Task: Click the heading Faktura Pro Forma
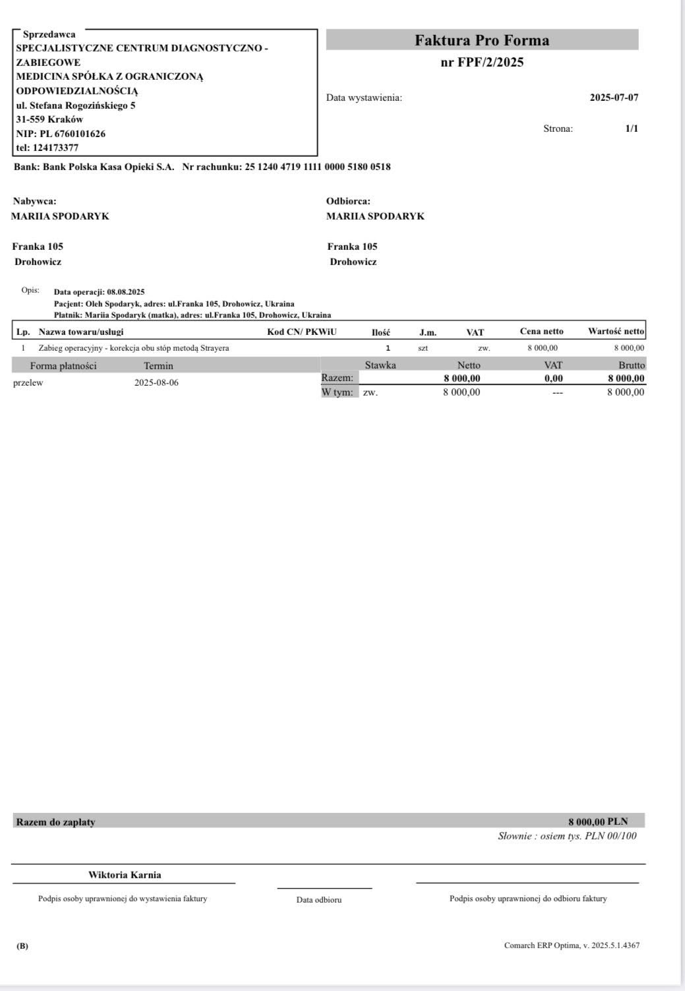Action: click(482, 40)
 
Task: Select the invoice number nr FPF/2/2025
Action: click(482, 63)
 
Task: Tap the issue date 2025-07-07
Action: click(614, 98)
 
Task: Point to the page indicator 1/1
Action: click(632, 129)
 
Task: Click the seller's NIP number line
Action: click(61, 134)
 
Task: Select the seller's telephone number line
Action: click(47, 148)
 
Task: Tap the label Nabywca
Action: click(34, 201)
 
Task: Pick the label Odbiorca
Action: click(348, 201)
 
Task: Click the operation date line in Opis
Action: click(100, 291)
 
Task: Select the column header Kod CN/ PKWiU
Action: click(301, 332)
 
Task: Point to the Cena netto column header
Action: click(541, 332)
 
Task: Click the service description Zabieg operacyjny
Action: click(134, 348)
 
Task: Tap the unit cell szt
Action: click(423, 348)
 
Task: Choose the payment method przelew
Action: click(28, 383)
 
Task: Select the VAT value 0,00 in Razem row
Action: click(553, 378)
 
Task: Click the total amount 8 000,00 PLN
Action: click(598, 822)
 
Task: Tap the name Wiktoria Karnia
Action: click(125, 875)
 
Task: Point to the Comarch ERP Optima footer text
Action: click(572, 946)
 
